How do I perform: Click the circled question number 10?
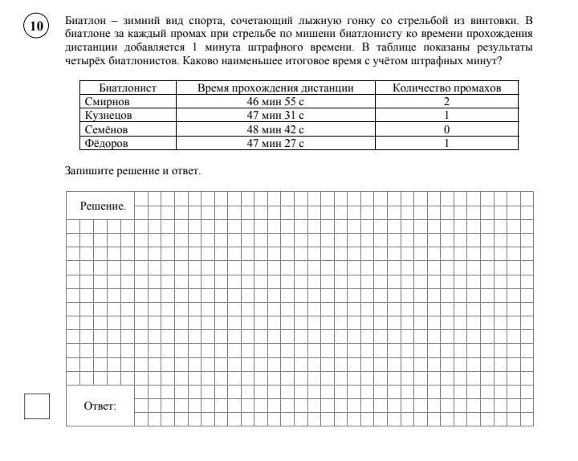coord(37,27)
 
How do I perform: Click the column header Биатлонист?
coord(127,88)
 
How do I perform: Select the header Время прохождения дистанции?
coord(275,88)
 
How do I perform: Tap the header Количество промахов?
coord(446,88)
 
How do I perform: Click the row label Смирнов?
coord(107,102)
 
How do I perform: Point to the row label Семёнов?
coord(106,129)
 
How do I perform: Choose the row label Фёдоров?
coord(106,143)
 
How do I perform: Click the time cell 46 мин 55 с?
coord(275,102)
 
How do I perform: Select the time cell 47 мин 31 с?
coord(275,116)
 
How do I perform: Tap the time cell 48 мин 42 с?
coord(275,129)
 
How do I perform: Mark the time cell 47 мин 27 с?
coord(275,143)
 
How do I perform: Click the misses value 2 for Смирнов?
coord(446,102)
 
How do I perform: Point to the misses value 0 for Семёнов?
coord(446,129)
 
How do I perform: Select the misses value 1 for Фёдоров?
coord(446,143)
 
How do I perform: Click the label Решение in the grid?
coord(103,206)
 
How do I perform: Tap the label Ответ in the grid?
coord(100,406)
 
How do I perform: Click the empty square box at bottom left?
coord(37,406)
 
